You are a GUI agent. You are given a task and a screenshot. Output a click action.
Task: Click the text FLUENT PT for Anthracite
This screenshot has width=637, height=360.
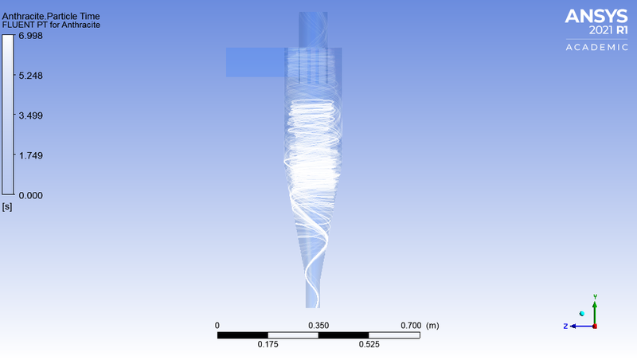coord(51,25)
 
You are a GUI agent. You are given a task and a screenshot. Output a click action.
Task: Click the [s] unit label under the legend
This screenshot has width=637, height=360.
coord(8,206)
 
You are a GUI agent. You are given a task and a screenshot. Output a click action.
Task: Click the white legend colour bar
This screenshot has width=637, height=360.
coord(8,115)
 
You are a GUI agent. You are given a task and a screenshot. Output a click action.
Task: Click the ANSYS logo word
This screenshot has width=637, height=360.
coord(596,17)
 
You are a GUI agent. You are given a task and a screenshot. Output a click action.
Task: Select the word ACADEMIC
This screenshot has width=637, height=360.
coord(596,48)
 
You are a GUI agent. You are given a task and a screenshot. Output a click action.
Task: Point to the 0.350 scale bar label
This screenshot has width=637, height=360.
coord(318,326)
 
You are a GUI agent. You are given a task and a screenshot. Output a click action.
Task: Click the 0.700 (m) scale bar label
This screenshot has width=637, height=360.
coord(422,326)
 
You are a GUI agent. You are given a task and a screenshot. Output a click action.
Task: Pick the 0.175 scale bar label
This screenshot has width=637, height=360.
coord(268,344)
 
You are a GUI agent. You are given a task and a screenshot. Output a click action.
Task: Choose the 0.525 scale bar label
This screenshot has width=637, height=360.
coord(369,344)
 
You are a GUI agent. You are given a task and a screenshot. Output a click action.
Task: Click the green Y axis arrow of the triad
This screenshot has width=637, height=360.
coord(595,303)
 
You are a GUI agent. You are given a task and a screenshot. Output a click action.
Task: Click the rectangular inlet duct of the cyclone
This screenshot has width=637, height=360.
coord(255,62)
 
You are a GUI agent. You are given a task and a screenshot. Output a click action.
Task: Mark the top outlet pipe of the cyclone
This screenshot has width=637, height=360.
coord(312,29)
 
